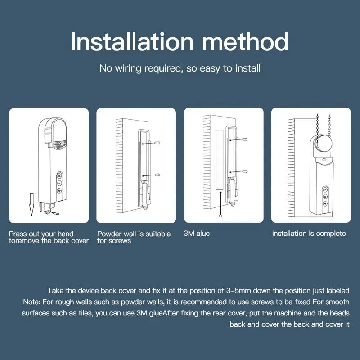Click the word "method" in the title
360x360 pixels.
pyautogui.click(x=245, y=42)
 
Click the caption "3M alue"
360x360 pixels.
pyautogui.click(x=197, y=234)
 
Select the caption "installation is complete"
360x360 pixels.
pyautogui.click(x=309, y=234)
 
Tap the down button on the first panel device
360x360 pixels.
pyautogui.click(x=59, y=191)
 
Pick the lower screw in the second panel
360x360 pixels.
pyautogui.click(x=159, y=175)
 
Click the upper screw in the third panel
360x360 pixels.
pyautogui.click(x=246, y=140)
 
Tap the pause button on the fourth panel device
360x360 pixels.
pyautogui.click(x=324, y=197)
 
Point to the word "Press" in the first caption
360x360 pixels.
pyautogui.click(x=18, y=234)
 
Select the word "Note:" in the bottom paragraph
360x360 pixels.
pyautogui.click(x=31, y=301)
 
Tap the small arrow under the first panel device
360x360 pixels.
pyautogui.click(x=56, y=213)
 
